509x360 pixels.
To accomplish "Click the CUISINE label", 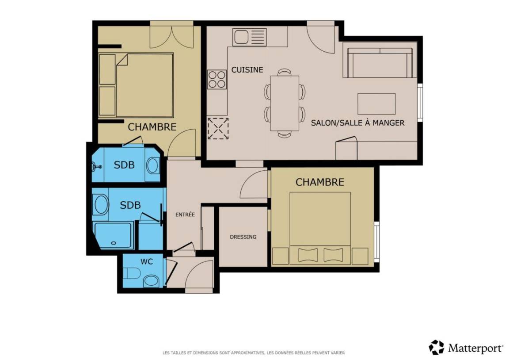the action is (x=247, y=70).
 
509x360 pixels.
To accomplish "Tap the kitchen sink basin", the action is (x=240, y=37).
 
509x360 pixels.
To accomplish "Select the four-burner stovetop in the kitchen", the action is (x=217, y=80).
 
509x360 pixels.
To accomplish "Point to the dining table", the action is (x=285, y=103).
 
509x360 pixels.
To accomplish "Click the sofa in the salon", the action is (x=380, y=63).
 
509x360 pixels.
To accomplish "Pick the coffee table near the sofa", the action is (x=376, y=103).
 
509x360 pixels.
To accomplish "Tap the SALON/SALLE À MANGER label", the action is (x=358, y=123).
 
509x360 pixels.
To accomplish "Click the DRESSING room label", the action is (x=243, y=237).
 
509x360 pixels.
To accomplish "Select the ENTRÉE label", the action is (x=185, y=214).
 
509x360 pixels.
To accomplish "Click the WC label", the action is (x=146, y=261).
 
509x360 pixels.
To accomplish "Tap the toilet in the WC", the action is (x=132, y=273).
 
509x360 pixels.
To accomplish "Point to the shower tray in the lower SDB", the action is (x=113, y=235).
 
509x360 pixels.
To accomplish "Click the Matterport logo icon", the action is (x=436, y=347).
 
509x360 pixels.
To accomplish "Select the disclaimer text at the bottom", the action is (x=254, y=352).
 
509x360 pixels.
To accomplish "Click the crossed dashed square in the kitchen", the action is (x=218, y=129).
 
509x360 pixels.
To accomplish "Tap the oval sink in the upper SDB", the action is (x=152, y=165).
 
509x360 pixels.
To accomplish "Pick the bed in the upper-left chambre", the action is (x=136, y=85).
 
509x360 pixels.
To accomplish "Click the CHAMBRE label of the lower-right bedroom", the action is (x=320, y=182).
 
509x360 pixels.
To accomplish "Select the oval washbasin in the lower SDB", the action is (x=100, y=204).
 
